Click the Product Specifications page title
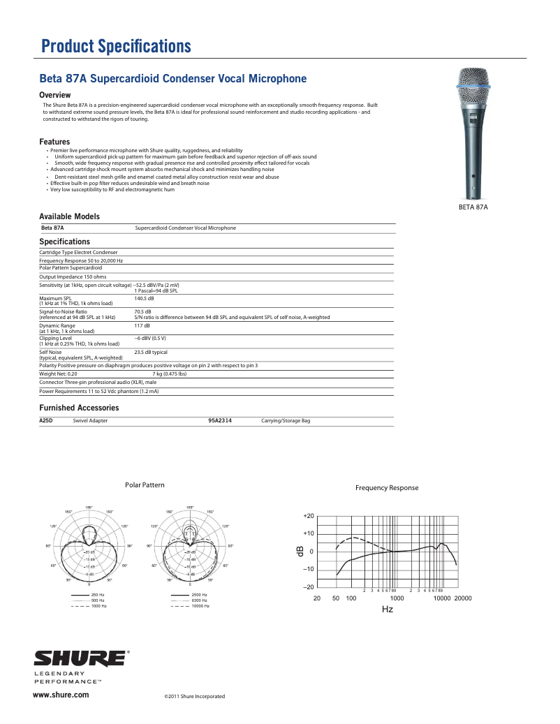coord(116,47)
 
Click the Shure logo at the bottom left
coord(81,658)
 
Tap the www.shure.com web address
coord(61,695)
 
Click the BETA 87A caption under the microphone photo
coord(473,207)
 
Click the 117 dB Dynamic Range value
coord(141,325)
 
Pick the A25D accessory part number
coord(46,421)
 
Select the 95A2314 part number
coord(220,421)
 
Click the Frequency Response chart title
coord(387,487)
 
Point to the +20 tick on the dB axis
coord(309,515)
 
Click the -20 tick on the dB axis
coord(309,587)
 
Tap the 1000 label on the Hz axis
coord(397,598)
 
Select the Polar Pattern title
coord(145,485)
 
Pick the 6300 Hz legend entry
coord(199,600)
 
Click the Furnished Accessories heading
coord(79,407)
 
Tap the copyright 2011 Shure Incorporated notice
coord(194,696)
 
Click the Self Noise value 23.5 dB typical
coord(151,353)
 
